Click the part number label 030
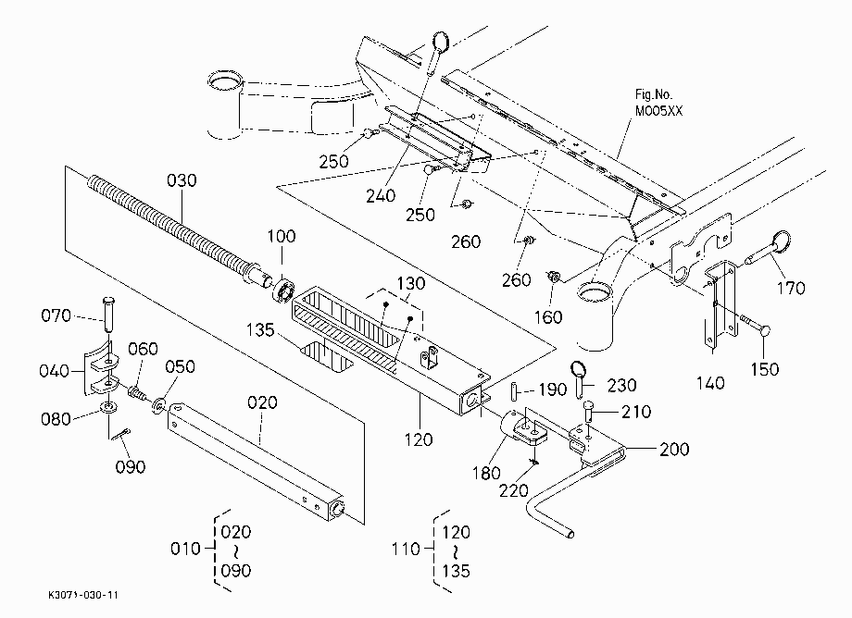pyautogui.click(x=182, y=180)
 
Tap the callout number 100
pyautogui.click(x=282, y=236)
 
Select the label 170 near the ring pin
pyautogui.click(x=791, y=288)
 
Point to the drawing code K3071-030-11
pyautogui.click(x=83, y=595)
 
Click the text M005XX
pyautogui.click(x=658, y=111)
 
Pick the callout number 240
pyautogui.click(x=381, y=195)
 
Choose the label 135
pyautogui.click(x=260, y=330)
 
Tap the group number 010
pyautogui.click(x=185, y=549)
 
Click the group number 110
pyautogui.click(x=407, y=550)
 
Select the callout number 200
pyautogui.click(x=674, y=450)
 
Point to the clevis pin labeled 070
pyautogui.click(x=108, y=314)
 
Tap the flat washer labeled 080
pyautogui.click(x=108, y=407)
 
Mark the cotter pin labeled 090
pyautogui.click(x=120, y=435)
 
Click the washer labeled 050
pyautogui.click(x=159, y=405)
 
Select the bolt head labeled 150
pyautogui.click(x=764, y=331)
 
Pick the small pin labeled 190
pyautogui.click(x=514, y=390)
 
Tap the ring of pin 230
pyautogui.click(x=578, y=371)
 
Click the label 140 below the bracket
pyautogui.click(x=710, y=384)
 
